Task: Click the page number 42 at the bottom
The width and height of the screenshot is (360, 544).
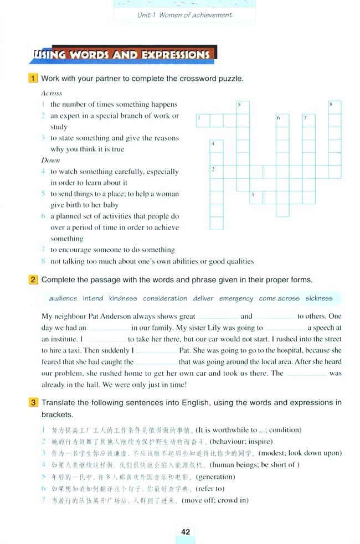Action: (185, 532)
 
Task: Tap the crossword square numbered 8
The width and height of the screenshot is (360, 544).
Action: (334, 107)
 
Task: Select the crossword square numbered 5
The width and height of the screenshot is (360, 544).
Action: (243, 107)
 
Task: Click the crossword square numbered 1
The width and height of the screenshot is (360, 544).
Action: (203, 121)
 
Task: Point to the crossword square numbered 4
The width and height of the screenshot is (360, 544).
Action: (217, 146)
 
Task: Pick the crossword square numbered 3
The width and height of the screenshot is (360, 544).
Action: (256, 197)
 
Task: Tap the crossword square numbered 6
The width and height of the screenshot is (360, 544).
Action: (282, 121)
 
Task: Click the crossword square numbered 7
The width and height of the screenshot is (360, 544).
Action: (308, 121)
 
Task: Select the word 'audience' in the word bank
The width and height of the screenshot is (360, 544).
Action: (63, 298)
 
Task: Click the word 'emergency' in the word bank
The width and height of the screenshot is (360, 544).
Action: (236, 298)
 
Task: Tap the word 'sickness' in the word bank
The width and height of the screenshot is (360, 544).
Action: (319, 298)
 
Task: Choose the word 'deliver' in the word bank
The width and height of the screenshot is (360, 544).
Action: (203, 298)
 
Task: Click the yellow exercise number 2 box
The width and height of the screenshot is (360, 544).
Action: (34, 279)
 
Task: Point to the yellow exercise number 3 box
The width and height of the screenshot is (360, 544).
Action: (34, 402)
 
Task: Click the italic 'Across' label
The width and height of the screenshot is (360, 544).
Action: (52, 94)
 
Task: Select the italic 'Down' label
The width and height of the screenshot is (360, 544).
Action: (50, 160)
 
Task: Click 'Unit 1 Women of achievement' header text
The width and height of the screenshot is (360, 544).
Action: (184, 15)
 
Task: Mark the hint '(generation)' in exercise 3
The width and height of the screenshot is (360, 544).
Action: (214, 476)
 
